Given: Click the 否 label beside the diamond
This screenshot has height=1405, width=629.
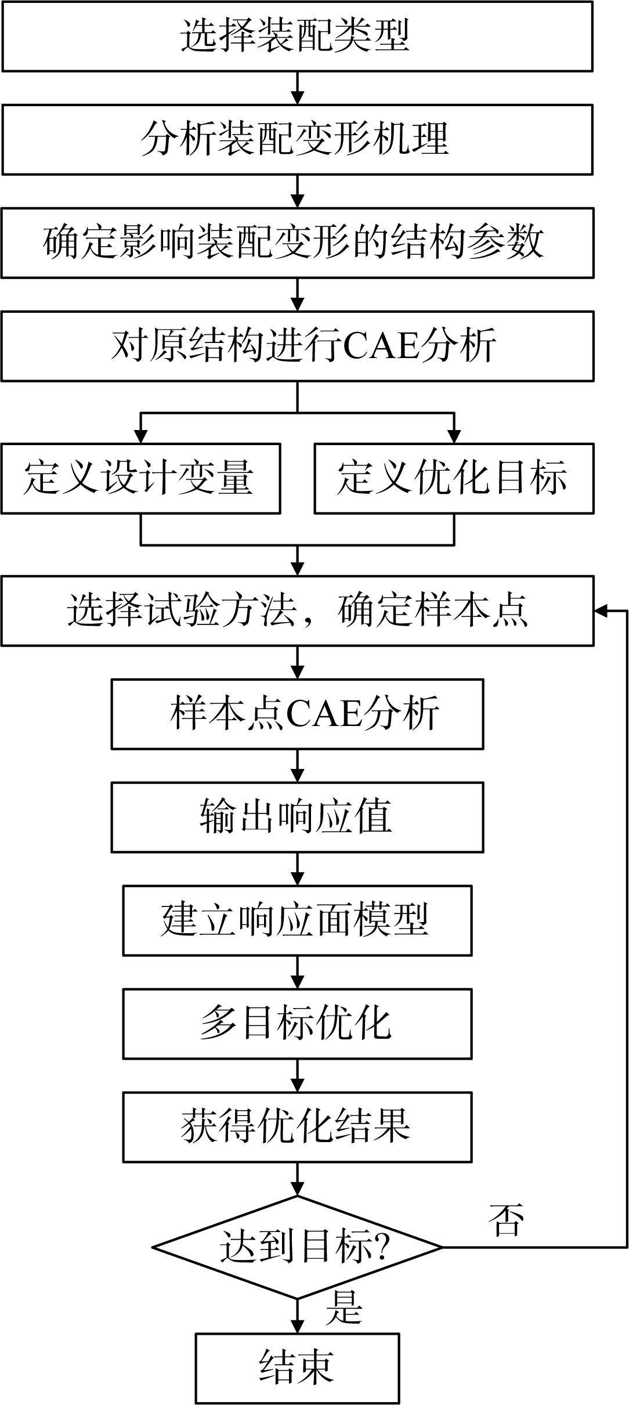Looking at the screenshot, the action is pos(507,1219).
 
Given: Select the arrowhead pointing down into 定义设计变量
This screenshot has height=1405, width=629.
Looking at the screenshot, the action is pos(140,436).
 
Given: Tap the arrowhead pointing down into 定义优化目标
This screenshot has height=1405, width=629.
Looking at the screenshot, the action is pos(454,436).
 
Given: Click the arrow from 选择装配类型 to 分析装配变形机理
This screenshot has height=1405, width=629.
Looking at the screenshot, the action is pos(297,88).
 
